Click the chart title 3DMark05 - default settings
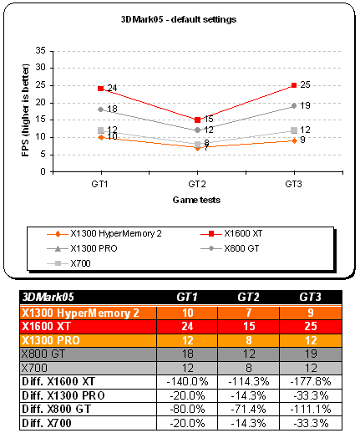pyautogui.click(x=179, y=19)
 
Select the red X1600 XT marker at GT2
pyautogui.click(x=197, y=120)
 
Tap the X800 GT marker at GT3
pyautogui.click(x=294, y=106)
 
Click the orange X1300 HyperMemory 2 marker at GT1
pyautogui.click(x=101, y=137)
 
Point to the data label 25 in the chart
pyautogui.click(x=305, y=84)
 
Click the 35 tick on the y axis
pyautogui.click(x=41, y=51)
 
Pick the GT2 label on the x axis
pyautogui.click(x=197, y=184)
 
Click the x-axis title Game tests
pyautogui.click(x=196, y=200)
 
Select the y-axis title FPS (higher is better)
pyautogui.click(x=26, y=110)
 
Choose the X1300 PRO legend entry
pyautogui.click(x=83, y=248)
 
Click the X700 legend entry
pyautogui.click(x=68, y=263)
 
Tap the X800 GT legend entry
pyautogui.click(x=230, y=248)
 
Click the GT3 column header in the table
pyautogui.click(x=311, y=298)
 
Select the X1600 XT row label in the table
pyautogui.click(x=46, y=326)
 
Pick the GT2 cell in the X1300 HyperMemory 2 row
pyautogui.click(x=249, y=313)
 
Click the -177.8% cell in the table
pyautogui.click(x=311, y=381)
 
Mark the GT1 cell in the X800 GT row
pyautogui.click(x=187, y=354)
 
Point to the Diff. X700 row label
pyautogui.click(x=47, y=423)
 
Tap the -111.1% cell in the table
pyautogui.click(x=311, y=409)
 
